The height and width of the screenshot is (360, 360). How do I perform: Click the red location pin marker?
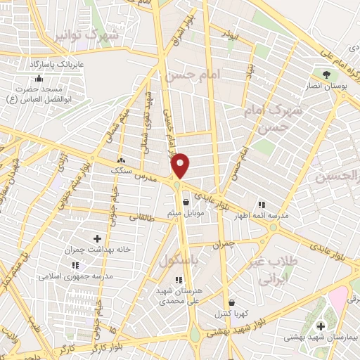coord(181,165)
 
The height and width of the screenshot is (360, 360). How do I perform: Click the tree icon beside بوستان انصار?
coord(325,74)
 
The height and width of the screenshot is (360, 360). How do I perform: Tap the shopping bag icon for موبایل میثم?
coord(185,202)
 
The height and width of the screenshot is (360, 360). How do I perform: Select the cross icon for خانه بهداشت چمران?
coord(98,239)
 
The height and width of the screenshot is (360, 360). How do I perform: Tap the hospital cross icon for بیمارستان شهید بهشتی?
coord(321,326)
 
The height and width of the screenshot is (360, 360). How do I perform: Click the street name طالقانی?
coord(161,219)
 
